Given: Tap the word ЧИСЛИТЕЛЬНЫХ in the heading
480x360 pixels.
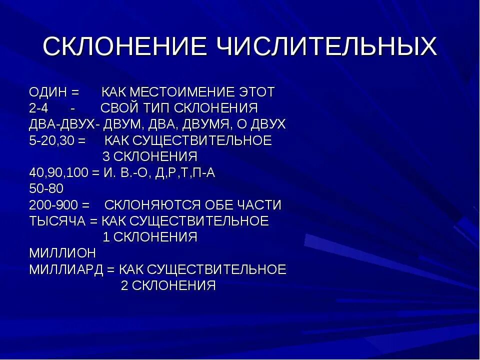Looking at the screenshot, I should click(x=327, y=47).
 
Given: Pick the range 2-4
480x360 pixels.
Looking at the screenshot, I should click(x=39, y=108).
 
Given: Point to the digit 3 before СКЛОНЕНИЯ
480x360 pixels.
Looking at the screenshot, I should click(x=106, y=156).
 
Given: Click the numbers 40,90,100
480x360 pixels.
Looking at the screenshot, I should click(x=59, y=173).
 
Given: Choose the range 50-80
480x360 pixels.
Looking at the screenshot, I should click(x=46, y=189).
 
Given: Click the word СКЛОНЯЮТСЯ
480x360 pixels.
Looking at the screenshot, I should click(x=159, y=205).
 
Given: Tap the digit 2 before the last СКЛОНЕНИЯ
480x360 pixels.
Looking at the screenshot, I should click(x=124, y=285).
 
